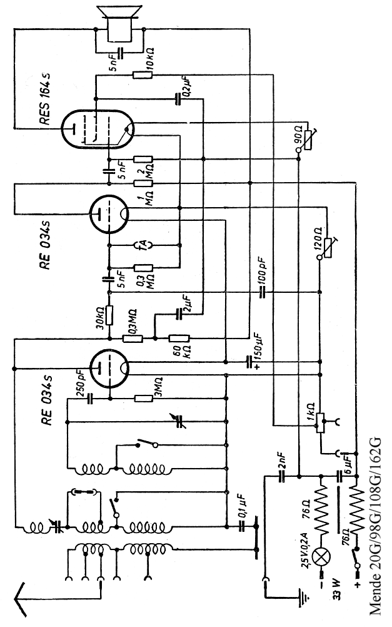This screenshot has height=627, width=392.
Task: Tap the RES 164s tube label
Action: point(47,101)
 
